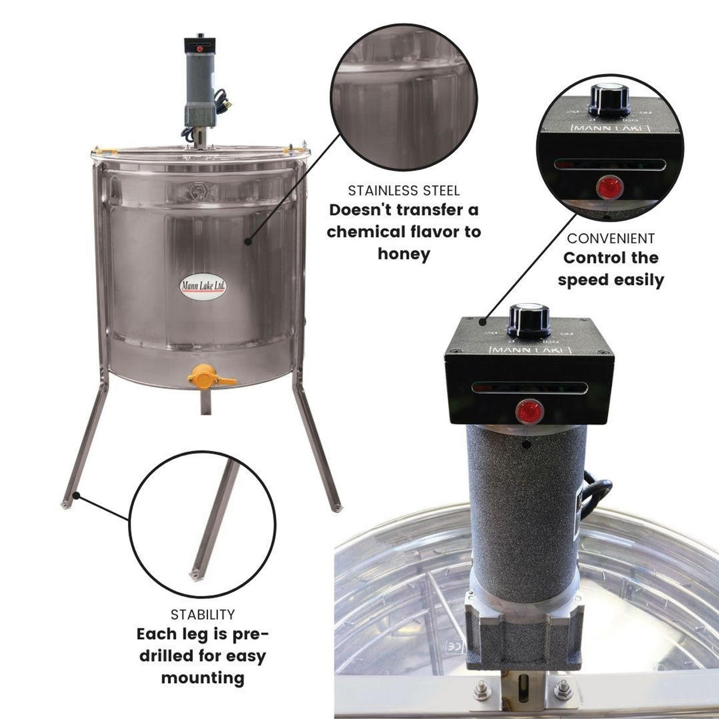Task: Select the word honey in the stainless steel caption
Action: [404, 253]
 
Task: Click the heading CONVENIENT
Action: [611, 238]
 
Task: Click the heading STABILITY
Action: [203, 614]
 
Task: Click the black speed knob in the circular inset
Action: [609, 99]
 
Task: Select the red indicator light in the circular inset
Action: [610, 187]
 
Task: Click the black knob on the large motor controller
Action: [528, 321]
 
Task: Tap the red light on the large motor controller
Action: [529, 412]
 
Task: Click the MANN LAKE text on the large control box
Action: [530, 349]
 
